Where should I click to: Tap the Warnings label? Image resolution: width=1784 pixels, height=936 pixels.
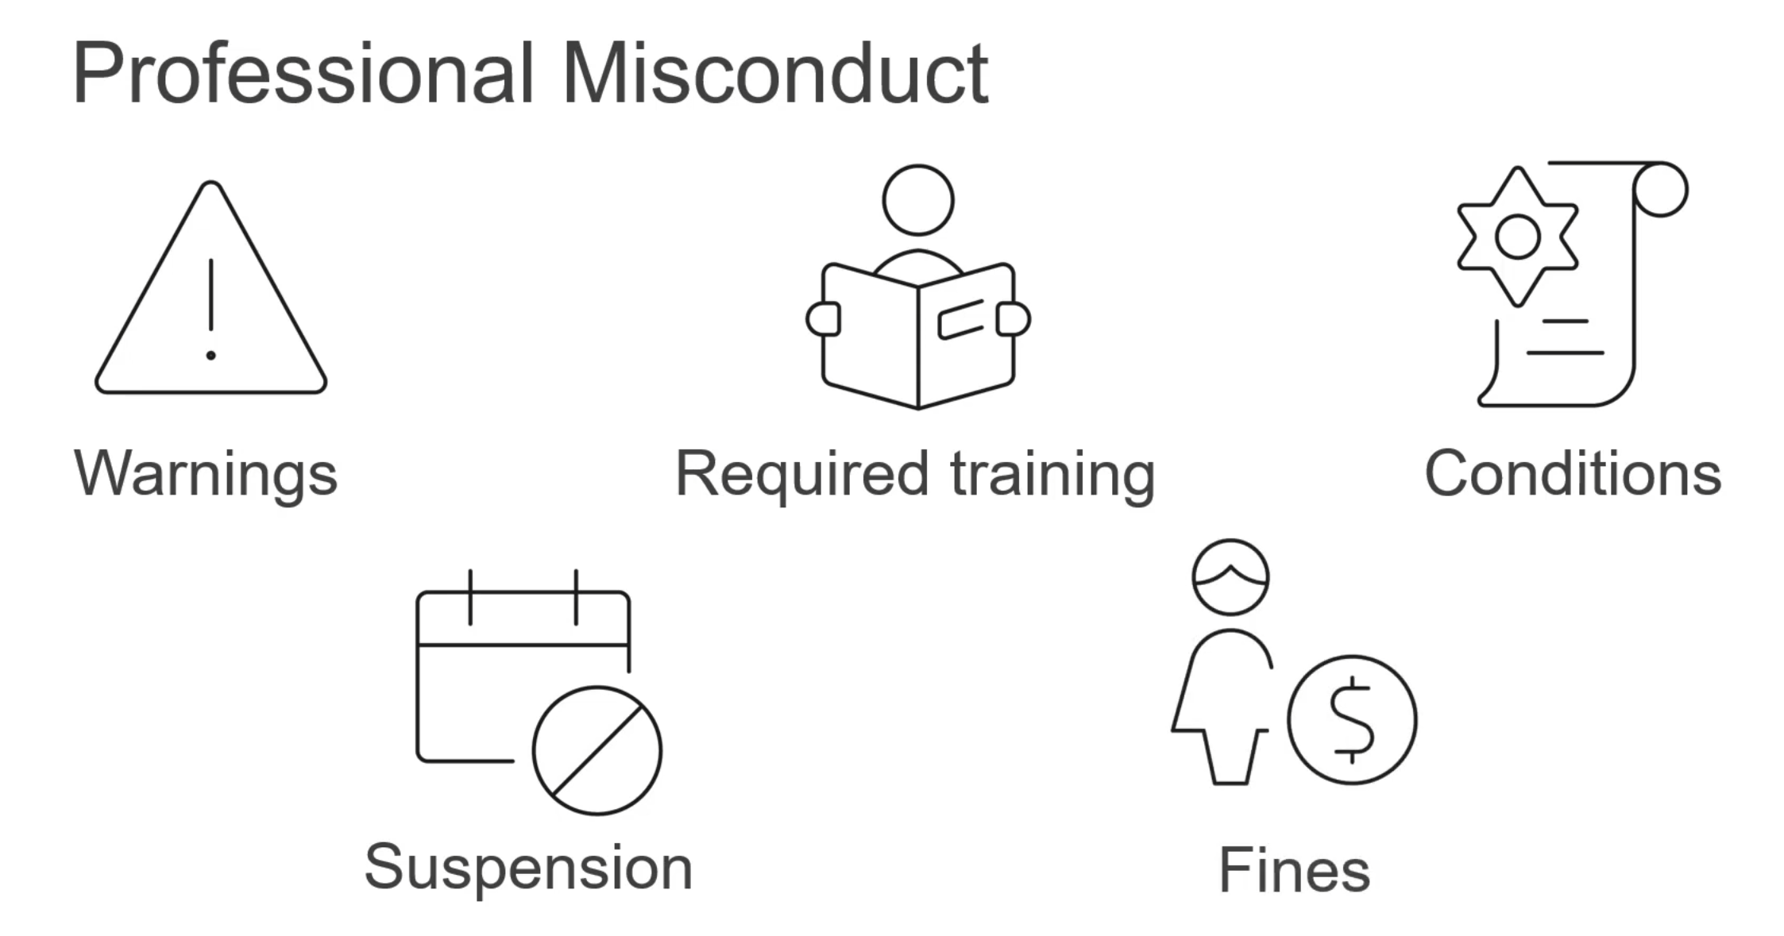pos(206,474)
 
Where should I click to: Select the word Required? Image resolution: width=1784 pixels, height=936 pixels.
pos(801,474)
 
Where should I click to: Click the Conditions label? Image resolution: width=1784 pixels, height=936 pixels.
pos(1573,474)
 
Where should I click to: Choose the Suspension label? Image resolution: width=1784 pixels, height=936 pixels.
pos(528,867)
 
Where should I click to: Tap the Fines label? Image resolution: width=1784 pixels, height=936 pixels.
pos(1294,870)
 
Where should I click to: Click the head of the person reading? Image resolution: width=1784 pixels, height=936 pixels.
pos(917,200)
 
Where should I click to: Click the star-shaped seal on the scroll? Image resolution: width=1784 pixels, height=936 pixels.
pos(1517,236)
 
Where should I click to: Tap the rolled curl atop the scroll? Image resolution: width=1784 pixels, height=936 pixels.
pos(1661,189)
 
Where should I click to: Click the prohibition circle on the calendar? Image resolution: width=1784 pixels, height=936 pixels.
pos(597,750)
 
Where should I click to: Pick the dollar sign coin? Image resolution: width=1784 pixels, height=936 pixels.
pos(1351,720)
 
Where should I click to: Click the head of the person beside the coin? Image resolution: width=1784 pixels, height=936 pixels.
pos(1230,577)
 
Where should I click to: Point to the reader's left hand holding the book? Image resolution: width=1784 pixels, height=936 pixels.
pos(823,319)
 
